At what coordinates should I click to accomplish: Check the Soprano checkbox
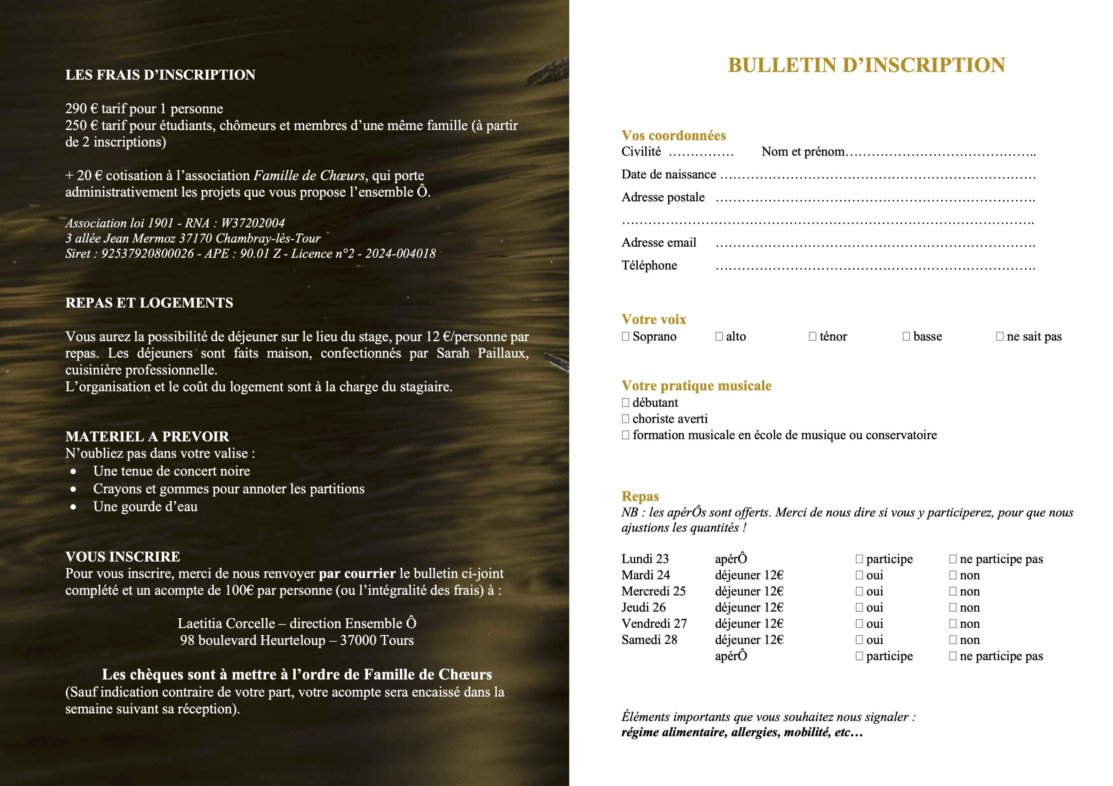[x=625, y=336]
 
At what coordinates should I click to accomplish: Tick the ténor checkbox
[x=813, y=336]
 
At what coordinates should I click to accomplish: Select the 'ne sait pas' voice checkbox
[x=1000, y=336]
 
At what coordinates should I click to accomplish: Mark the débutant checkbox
[x=625, y=403]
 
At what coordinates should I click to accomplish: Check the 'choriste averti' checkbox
[x=625, y=419]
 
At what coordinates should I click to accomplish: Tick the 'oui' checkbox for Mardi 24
[x=859, y=575]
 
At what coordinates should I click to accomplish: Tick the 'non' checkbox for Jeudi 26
[x=953, y=608]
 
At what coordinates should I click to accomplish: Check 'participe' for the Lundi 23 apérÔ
[x=859, y=559]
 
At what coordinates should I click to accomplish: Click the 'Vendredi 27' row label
[x=654, y=623]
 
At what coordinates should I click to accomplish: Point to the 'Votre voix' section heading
[x=653, y=319]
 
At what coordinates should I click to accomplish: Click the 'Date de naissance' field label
[x=669, y=175]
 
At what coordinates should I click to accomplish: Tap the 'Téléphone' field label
[x=649, y=265]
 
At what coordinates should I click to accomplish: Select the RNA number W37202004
[x=253, y=223]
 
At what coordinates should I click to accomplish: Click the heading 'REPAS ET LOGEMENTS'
[x=149, y=303]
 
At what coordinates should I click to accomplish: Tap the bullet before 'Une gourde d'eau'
[x=73, y=507]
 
